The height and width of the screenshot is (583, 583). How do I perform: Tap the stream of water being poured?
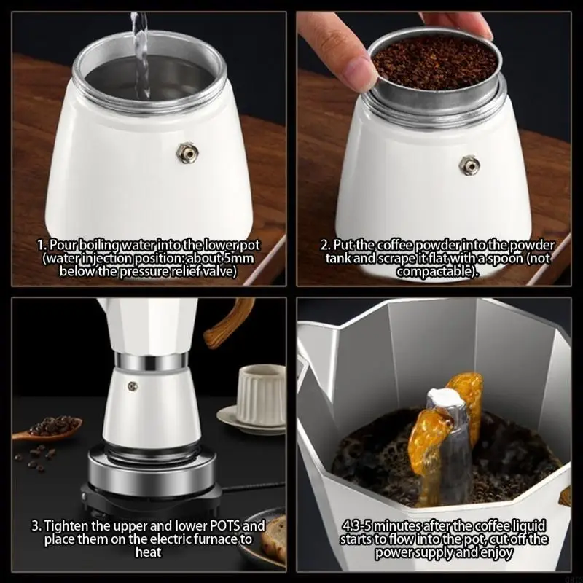(141, 51)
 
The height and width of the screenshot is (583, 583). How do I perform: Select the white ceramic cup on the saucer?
(260, 394)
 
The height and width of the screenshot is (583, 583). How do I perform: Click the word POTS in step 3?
(219, 525)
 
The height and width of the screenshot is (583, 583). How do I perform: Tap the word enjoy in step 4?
(496, 552)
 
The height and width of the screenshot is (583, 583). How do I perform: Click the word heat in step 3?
(148, 552)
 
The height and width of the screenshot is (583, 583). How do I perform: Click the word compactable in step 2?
(436, 271)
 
